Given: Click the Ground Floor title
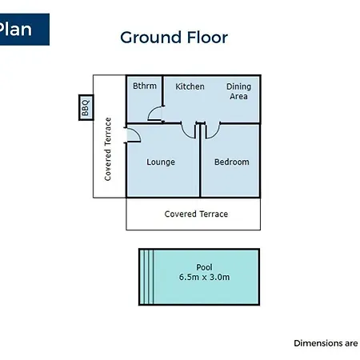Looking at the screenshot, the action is (174, 38).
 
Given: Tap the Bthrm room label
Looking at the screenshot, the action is (145, 86).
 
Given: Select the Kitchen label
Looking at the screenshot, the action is (190, 86).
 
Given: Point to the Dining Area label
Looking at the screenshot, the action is (238, 91).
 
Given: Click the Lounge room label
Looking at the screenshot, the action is (161, 162).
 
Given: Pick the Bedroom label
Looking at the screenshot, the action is (232, 162).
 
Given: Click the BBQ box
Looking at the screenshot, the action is (86, 107).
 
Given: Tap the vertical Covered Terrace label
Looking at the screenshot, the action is (108, 149).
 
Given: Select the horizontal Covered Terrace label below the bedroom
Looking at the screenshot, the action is (196, 214).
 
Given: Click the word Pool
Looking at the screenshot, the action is (204, 267).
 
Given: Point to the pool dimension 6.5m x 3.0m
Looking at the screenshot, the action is (204, 277).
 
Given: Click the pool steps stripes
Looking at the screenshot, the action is (146, 277).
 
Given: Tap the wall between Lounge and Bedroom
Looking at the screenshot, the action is (200, 160).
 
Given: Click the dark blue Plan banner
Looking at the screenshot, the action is (25, 30).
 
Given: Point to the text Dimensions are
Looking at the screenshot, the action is (326, 343).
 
